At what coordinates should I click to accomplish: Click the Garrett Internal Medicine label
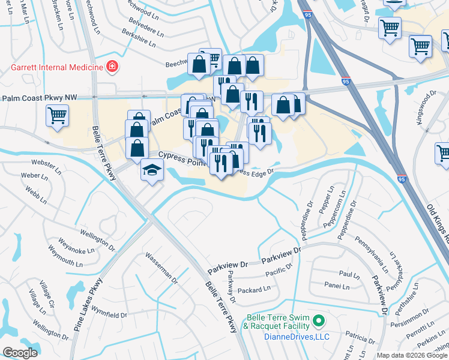(x=57, y=67)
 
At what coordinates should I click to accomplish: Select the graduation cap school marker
(x=152, y=170)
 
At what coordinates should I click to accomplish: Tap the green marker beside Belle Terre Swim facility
(x=319, y=322)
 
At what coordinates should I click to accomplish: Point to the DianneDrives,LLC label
(x=297, y=337)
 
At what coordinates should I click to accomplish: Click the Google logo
(x=20, y=353)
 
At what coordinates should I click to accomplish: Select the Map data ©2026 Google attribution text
(x=412, y=355)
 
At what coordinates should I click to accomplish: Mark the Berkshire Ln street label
(x=142, y=40)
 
